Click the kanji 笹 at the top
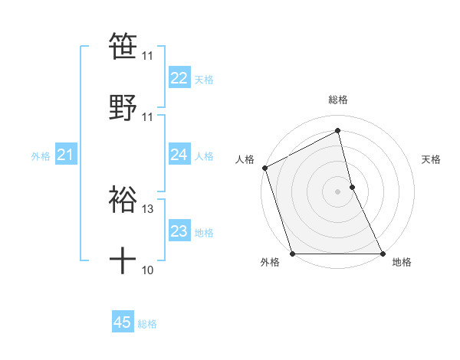click(x=123, y=45)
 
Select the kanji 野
click(x=123, y=106)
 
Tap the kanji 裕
click(x=123, y=198)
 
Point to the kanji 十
click(x=123, y=260)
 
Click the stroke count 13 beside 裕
click(x=148, y=208)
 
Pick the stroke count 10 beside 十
click(x=148, y=270)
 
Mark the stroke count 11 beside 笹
click(x=148, y=55)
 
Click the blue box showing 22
click(x=179, y=78)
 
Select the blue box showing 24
click(x=179, y=155)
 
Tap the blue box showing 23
click(x=179, y=231)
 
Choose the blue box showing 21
click(x=66, y=155)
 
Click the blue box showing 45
click(x=123, y=323)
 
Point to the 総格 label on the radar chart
click(x=338, y=100)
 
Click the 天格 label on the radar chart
click(x=432, y=159)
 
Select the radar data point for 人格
click(x=265, y=168)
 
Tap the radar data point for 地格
click(x=382, y=253)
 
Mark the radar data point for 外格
click(x=293, y=253)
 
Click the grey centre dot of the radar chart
click(x=338, y=191)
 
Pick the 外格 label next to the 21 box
click(x=41, y=156)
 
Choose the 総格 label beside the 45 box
click(x=147, y=324)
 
